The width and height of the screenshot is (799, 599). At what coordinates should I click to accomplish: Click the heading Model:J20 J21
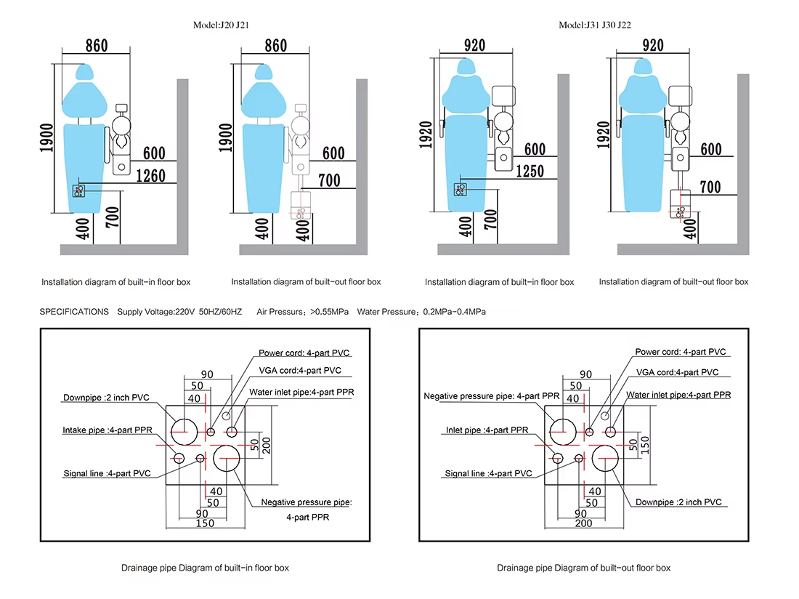(221, 25)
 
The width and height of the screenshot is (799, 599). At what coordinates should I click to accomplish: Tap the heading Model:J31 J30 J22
(595, 25)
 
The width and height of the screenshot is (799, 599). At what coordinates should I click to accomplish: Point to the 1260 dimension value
(151, 176)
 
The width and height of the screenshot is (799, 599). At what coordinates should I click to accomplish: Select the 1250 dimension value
(530, 172)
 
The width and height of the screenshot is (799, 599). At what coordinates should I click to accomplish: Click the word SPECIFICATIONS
(74, 311)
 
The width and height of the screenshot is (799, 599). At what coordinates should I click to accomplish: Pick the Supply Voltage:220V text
(156, 311)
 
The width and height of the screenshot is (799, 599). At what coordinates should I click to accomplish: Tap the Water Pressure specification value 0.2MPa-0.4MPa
(454, 311)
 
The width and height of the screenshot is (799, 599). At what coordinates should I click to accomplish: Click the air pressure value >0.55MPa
(329, 311)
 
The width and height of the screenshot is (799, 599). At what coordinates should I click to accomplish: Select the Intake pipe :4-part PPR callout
(108, 430)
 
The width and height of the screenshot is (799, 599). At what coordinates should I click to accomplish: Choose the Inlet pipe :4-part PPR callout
(487, 430)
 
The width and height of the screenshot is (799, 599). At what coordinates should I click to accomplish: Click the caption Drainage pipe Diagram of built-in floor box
(205, 568)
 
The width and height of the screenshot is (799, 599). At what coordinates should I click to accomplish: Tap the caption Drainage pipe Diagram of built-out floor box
(583, 568)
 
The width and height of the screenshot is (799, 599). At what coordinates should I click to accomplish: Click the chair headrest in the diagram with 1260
(84, 72)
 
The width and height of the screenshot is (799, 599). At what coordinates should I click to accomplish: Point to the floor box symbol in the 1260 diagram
(78, 190)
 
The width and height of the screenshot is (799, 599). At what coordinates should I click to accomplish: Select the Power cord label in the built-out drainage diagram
(681, 352)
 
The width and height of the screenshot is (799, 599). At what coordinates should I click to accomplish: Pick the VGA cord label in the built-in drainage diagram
(300, 371)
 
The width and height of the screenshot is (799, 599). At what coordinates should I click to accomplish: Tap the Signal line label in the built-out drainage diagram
(488, 473)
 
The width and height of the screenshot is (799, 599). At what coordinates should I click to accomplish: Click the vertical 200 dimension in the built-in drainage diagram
(267, 445)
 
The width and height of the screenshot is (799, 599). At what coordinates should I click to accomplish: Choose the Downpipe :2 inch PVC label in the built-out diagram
(678, 502)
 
